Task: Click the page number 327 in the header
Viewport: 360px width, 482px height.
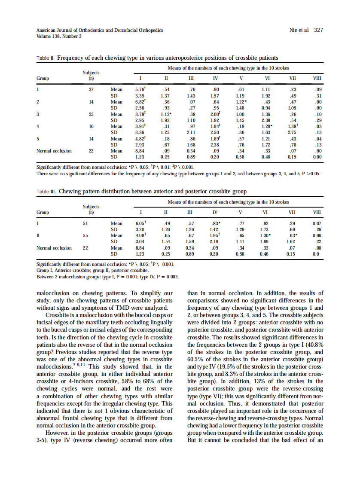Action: tap(318, 30)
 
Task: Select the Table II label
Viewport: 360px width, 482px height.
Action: tap(44, 58)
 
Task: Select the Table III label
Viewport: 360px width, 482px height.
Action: tap(45, 192)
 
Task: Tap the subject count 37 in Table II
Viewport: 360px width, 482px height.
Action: tap(91, 89)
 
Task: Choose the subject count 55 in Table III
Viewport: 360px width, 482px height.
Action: tap(91, 235)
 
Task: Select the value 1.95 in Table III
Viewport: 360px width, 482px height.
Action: tap(214, 235)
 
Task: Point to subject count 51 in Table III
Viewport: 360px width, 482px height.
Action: tap(91, 223)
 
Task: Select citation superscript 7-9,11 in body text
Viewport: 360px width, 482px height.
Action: tap(79, 365)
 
